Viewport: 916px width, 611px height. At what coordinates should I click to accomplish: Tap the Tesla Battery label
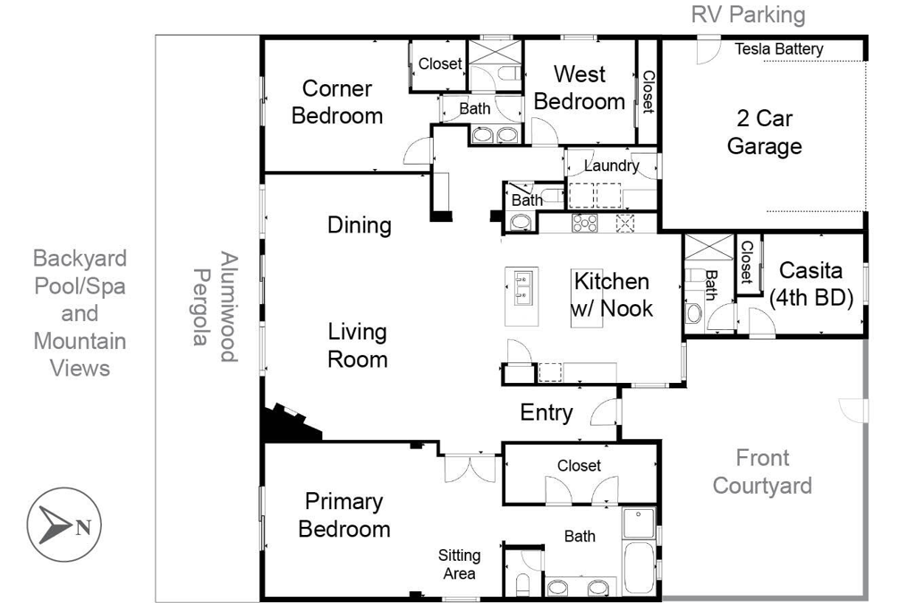(779, 49)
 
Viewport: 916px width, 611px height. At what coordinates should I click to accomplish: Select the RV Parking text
(748, 14)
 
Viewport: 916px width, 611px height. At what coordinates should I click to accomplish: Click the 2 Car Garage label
(764, 132)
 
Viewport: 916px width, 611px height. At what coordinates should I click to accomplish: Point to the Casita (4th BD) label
(810, 284)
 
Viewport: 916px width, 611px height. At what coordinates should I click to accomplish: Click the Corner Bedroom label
(337, 102)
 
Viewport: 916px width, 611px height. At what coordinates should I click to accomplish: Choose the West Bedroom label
(580, 88)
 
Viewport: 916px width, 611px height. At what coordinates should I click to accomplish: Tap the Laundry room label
(611, 165)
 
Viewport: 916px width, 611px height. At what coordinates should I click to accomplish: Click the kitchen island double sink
(522, 288)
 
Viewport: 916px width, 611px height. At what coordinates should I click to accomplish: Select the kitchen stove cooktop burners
(585, 223)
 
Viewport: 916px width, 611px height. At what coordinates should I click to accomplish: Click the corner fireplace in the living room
(291, 421)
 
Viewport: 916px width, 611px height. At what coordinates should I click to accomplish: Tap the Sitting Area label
(459, 564)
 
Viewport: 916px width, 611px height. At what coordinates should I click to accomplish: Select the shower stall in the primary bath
(639, 522)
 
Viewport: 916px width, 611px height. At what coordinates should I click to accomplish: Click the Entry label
(547, 412)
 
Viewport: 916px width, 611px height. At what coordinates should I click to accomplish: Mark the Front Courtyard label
(762, 471)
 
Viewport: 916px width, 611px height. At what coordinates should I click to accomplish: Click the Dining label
(360, 225)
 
